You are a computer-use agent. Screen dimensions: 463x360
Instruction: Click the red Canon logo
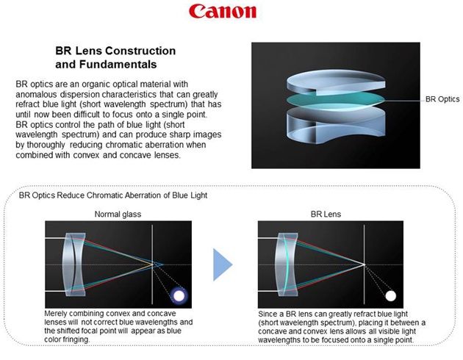click(223, 11)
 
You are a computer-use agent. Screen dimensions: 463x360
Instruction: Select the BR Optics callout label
click(442, 99)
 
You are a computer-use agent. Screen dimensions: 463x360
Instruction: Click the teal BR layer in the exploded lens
click(335, 101)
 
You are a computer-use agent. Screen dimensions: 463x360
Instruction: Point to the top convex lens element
click(335, 82)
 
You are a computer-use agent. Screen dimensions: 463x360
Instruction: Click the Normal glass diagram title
click(118, 215)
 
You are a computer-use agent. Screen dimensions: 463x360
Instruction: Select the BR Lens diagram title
click(326, 215)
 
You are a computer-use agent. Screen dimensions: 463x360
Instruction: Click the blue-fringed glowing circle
click(179, 295)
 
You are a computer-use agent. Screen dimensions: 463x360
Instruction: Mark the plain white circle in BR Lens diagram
click(391, 295)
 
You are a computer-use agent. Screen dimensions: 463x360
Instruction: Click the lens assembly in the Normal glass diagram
click(74, 264)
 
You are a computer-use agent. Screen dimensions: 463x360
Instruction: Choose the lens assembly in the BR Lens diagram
click(287, 264)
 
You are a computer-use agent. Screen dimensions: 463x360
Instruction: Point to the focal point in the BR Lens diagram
click(365, 264)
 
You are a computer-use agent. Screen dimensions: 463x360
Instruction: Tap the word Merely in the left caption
click(55, 314)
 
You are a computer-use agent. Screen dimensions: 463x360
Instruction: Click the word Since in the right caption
click(267, 314)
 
